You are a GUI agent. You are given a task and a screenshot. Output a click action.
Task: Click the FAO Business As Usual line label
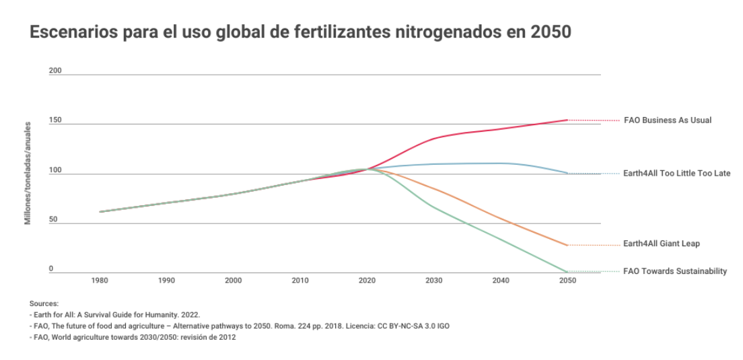[667, 120]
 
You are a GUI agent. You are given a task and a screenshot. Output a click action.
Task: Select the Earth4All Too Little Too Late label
[677, 174]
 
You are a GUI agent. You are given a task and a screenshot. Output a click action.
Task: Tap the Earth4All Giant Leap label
[662, 244]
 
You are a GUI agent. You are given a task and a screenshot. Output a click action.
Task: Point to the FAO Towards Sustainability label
[675, 271]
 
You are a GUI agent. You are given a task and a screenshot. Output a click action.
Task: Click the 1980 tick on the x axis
[100, 281]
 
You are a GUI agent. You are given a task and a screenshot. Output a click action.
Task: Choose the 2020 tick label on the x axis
[367, 281]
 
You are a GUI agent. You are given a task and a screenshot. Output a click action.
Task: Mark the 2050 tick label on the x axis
[567, 281]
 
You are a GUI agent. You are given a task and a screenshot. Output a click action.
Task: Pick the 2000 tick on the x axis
[234, 281]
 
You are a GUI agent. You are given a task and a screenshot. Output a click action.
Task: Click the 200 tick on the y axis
[55, 71]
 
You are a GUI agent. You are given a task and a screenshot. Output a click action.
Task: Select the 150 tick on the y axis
[55, 120]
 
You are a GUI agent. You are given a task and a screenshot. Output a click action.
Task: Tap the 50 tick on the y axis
[52, 220]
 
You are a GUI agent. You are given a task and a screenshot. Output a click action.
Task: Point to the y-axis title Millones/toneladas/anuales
[28, 172]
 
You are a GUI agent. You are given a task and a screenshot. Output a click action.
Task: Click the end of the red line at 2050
[567, 120]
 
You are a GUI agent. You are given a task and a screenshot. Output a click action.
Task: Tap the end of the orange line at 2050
[567, 245]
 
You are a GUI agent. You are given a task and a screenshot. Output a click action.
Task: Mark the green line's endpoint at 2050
[567, 272]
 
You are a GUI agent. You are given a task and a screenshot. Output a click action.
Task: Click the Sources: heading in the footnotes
[44, 304]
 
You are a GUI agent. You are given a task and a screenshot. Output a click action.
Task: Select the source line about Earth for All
[115, 315]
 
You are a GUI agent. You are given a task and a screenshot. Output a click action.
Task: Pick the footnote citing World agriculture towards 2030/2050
[133, 337]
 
